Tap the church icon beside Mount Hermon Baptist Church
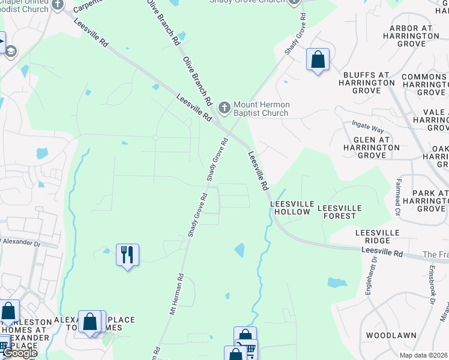pos(224,109)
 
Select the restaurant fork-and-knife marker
pos(127,255)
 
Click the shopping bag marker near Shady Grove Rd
pos(318,60)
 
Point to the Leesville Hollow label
pos(291,208)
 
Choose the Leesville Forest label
pos(339,212)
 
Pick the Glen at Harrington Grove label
pos(367,147)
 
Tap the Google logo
pos(19,352)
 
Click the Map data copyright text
pos(424,355)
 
